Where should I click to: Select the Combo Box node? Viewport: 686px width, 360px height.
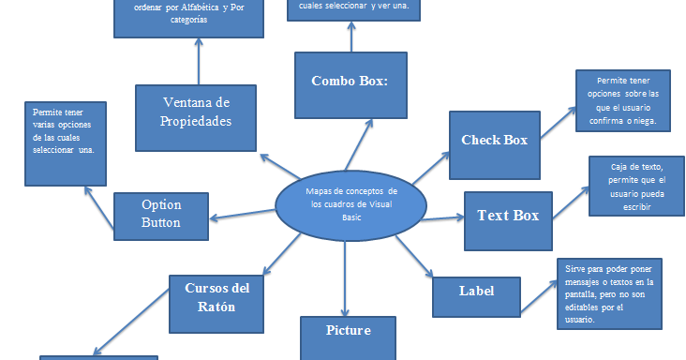coord(350,82)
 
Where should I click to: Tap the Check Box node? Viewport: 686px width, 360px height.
coord(494,141)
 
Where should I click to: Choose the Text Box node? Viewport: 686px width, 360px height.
coord(507,217)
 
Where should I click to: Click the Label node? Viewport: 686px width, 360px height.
coord(476,291)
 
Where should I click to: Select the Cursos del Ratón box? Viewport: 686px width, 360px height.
coord(216,297)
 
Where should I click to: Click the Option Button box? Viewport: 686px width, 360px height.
coord(161,215)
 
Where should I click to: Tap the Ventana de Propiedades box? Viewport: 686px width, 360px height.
coord(196,112)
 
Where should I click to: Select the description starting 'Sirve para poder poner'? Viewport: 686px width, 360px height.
coord(610,293)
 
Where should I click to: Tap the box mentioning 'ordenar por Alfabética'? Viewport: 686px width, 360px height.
coord(188,18)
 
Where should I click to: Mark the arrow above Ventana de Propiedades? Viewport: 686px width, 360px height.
coord(200,61)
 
